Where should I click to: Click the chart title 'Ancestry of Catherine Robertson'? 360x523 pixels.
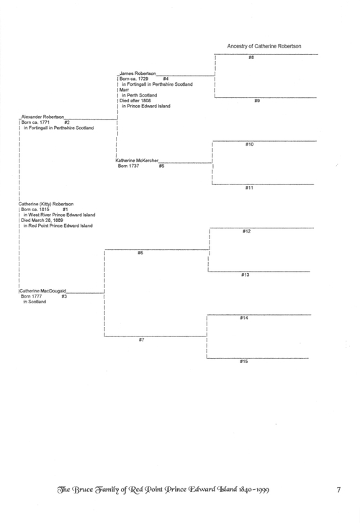tap(264, 46)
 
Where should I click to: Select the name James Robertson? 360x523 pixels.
tap(138, 73)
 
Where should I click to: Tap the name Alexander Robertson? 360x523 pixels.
tap(42, 117)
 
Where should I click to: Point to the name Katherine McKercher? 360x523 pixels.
tap(137, 161)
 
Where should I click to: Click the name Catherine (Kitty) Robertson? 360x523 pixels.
tap(46, 204)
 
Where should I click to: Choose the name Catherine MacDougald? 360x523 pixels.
tap(42, 291)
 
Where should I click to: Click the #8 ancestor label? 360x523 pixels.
tap(251, 58)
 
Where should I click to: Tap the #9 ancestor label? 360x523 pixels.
tap(257, 101)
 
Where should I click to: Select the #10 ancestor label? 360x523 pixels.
tap(250, 144)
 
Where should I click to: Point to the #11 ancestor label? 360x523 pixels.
tap(249, 188)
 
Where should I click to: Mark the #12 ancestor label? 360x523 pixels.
tap(247, 231)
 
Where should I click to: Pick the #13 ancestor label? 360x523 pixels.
tap(246, 275)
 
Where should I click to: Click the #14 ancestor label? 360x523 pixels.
tap(244, 318)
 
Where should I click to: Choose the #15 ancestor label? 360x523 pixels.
tap(244, 362)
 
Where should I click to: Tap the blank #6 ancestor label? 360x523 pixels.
tap(140, 253)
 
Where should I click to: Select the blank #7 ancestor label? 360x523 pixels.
tap(142, 340)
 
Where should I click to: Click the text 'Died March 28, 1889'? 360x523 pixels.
tap(42, 220)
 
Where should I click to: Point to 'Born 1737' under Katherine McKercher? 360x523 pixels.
tap(129, 166)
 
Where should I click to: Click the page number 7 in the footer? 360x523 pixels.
tap(338, 490)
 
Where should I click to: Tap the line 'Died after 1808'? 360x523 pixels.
tap(135, 100)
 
